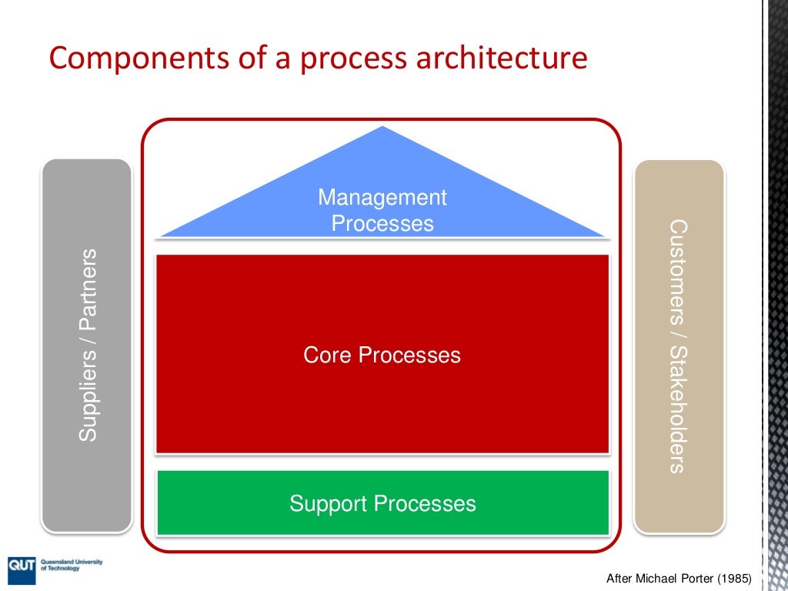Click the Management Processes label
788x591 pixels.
pyautogui.click(x=382, y=210)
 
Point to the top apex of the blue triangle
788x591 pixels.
pyautogui.click(x=382, y=128)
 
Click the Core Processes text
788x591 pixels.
pyautogui.click(x=382, y=355)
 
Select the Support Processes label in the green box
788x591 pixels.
pyautogui.click(x=382, y=503)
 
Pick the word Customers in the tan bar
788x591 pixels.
pyautogui.click(x=677, y=273)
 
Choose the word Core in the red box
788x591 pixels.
pyautogui.click(x=329, y=355)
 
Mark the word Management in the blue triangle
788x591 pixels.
pyautogui.click(x=382, y=198)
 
